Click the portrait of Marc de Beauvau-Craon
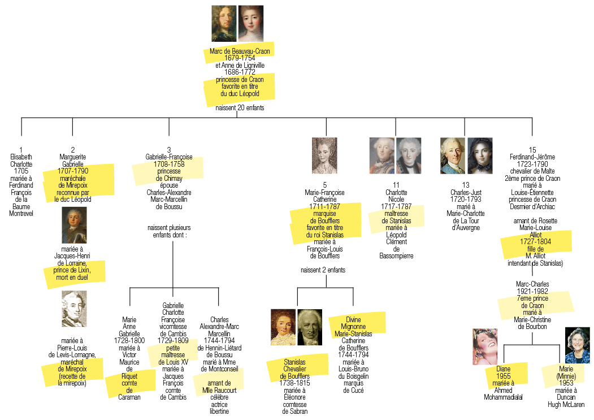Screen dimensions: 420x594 (224, 23)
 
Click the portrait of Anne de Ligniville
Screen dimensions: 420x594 (250, 23)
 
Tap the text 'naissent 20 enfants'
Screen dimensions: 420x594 (240, 107)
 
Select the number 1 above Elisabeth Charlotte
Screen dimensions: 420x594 (21, 150)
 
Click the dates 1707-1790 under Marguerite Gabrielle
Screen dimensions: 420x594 (72, 171)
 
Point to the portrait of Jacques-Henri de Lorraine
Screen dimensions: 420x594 (74, 224)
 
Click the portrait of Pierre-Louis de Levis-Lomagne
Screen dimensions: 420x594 (74, 309)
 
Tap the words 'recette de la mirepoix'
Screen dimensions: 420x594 (72, 379)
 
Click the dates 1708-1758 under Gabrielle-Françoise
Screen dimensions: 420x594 (168, 164)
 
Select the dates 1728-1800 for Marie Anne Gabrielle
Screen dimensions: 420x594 (129, 340)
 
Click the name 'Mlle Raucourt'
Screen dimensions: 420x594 (218, 390)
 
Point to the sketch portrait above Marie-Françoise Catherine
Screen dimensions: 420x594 (324, 155)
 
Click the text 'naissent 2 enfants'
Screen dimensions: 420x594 (323, 270)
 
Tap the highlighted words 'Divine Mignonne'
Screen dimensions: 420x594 (353, 323)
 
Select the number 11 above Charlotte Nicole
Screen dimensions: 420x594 (396, 185)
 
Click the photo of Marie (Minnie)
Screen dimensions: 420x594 (577, 344)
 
